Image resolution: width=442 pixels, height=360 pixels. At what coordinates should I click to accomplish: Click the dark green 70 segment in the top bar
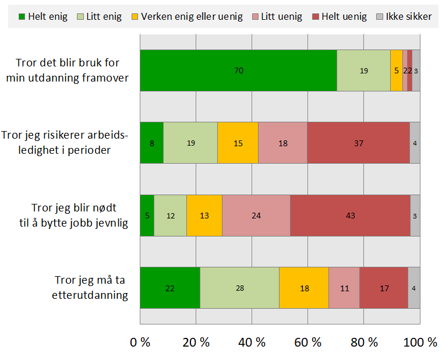click(238, 70)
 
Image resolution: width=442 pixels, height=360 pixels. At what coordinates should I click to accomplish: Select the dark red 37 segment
click(358, 143)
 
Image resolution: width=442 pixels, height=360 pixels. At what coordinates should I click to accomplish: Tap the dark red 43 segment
click(350, 216)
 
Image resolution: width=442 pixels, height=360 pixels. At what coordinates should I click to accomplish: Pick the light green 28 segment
click(239, 288)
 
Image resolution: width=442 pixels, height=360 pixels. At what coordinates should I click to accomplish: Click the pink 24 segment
click(256, 216)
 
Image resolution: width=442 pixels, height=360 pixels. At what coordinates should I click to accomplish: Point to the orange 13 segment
click(204, 216)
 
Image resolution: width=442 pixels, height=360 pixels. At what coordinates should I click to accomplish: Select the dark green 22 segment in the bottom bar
click(170, 288)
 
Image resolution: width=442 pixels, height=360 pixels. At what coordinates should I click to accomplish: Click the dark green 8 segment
click(152, 143)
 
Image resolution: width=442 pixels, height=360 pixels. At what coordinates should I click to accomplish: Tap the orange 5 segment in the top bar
click(397, 70)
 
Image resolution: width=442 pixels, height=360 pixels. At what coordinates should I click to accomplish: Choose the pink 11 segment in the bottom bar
click(344, 288)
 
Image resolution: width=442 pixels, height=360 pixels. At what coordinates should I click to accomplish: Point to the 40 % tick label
click(252, 343)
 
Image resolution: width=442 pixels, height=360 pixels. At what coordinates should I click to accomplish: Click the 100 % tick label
click(420, 343)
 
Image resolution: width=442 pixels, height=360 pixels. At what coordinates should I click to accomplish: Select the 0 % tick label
click(140, 343)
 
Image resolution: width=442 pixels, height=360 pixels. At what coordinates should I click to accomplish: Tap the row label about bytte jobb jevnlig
click(79, 216)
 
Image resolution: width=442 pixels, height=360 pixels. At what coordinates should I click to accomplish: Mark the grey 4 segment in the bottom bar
click(414, 288)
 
